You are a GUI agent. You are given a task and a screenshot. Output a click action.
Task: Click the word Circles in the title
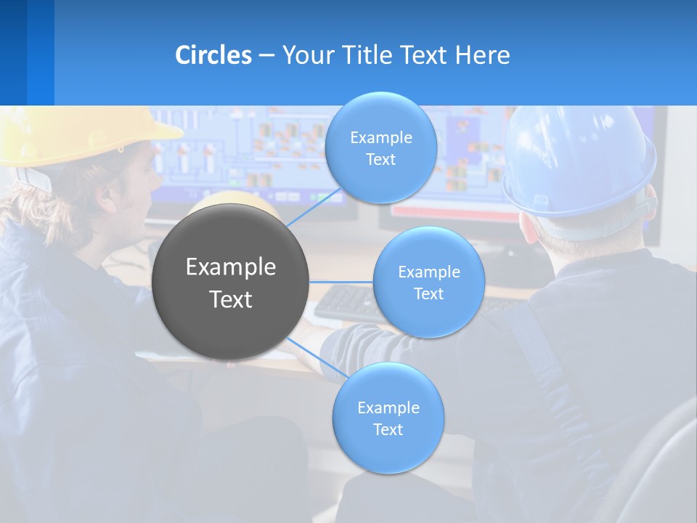tap(213, 55)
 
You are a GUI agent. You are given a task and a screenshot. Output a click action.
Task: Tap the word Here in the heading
tap(483, 55)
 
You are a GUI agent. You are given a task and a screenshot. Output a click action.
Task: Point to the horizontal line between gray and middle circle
tap(341, 282)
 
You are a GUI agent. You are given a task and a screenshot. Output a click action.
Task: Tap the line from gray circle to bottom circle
tap(317, 357)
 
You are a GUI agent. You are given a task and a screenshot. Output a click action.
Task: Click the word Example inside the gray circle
tap(230, 267)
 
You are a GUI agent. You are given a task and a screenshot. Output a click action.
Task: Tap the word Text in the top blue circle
tap(380, 160)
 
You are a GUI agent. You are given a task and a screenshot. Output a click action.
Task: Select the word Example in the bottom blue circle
tap(388, 408)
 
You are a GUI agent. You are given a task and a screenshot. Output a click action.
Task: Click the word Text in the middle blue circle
tap(428, 293)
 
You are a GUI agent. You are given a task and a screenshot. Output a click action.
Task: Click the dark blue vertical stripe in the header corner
tap(13, 52)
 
